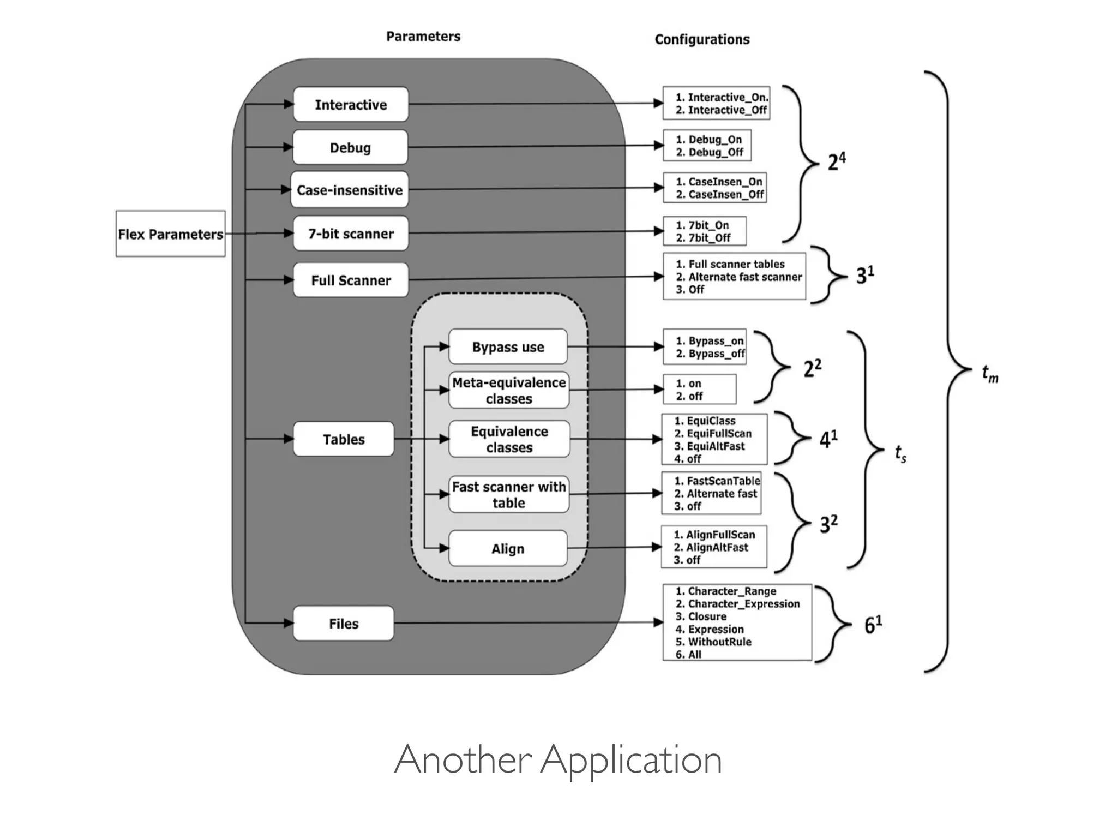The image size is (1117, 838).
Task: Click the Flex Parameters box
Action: click(170, 234)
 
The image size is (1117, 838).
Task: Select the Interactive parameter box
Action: click(351, 104)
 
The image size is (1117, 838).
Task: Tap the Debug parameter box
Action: click(350, 147)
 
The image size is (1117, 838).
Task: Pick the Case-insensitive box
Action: click(350, 190)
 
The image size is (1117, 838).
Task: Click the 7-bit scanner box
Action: click(351, 234)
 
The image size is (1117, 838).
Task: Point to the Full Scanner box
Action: click(351, 280)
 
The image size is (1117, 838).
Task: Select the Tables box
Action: click(343, 439)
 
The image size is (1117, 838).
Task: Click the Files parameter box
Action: click(343, 624)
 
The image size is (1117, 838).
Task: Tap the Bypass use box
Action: click(508, 347)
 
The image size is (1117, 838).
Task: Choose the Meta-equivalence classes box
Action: click(509, 390)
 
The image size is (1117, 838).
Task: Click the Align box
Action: click(508, 548)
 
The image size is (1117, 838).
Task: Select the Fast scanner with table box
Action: click(509, 494)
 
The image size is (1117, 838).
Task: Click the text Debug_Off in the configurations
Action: click(716, 152)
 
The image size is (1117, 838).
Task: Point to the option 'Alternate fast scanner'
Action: click(744, 277)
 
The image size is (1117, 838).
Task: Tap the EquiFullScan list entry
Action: click(719, 433)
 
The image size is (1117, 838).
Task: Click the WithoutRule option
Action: click(719, 642)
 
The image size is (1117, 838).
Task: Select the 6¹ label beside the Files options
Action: click(873, 625)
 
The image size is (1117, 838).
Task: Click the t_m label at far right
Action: click(990, 374)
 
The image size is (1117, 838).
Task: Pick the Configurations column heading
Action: click(702, 39)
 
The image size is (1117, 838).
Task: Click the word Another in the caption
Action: click(463, 759)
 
